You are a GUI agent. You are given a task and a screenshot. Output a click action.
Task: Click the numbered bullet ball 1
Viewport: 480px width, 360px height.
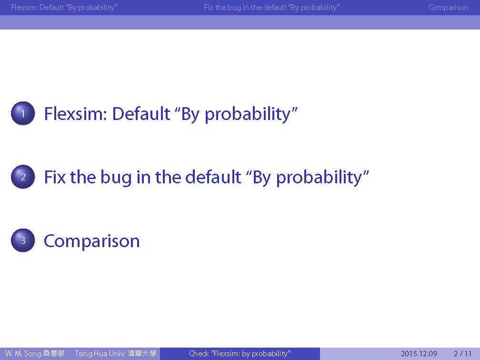click(23, 113)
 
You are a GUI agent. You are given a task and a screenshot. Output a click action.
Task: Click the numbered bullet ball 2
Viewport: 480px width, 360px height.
click(23, 177)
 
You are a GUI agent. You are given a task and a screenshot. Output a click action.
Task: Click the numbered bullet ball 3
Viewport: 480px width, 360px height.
click(23, 240)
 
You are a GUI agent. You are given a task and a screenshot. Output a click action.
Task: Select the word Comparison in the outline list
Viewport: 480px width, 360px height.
click(92, 241)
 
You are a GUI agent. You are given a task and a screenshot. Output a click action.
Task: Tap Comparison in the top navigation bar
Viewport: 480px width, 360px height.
click(448, 7)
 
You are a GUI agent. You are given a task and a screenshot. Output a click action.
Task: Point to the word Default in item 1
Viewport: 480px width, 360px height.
click(141, 114)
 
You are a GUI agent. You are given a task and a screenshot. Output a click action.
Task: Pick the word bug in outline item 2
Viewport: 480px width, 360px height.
click(116, 178)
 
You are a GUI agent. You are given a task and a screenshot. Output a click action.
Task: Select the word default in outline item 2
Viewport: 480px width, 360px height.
click(213, 177)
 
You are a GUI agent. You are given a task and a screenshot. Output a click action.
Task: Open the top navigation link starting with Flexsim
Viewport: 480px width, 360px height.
click(64, 8)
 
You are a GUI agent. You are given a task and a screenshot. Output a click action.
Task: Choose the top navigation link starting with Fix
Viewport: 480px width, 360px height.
click(272, 8)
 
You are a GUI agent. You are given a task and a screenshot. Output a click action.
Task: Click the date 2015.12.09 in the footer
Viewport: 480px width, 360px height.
click(419, 353)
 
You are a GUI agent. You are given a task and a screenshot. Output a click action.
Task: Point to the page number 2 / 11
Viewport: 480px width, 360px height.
click(462, 353)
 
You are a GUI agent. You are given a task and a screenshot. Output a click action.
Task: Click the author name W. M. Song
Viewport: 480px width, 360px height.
click(23, 353)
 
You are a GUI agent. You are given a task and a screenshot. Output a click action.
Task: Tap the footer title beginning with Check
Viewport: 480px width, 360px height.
click(240, 354)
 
